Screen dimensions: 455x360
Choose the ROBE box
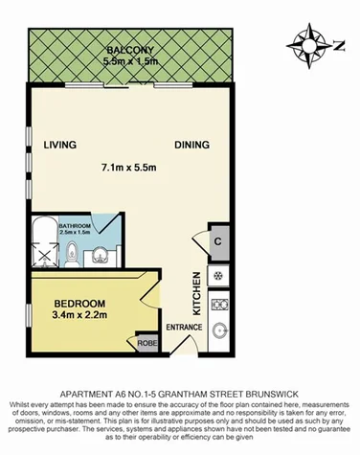[x=147, y=342]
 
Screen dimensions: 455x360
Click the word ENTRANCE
[x=185, y=329]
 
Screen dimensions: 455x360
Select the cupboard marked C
[x=219, y=241]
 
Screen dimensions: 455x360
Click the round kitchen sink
[x=219, y=331]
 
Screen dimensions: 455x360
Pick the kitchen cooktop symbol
[x=219, y=277]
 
